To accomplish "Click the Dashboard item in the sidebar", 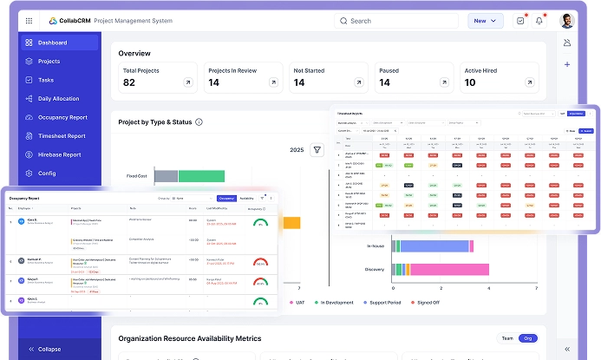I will (x=52, y=43).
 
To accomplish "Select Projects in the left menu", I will (x=49, y=62).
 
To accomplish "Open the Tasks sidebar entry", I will (x=45, y=80).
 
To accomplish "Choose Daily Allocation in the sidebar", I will (x=58, y=99).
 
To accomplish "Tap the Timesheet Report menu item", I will (x=61, y=136).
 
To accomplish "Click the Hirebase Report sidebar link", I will (x=59, y=154).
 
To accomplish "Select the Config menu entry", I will (x=46, y=173).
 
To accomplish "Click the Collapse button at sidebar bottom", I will (x=48, y=349).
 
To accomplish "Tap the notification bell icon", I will (x=540, y=21).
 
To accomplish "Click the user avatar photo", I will (x=567, y=21).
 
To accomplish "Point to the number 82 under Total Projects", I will (x=129, y=82).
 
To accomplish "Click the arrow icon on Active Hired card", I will (x=527, y=82).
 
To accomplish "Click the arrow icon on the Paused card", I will (x=442, y=82).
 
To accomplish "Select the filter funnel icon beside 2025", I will (x=317, y=150).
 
